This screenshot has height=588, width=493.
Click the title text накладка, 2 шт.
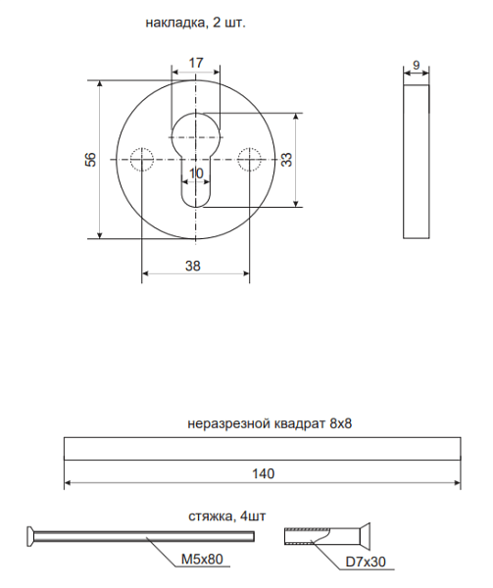195,21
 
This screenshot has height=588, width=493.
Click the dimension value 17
195,63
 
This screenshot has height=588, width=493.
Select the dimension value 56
89,159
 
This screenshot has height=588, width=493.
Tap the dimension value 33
286,159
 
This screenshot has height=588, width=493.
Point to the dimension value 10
195,172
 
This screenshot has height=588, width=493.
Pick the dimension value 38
194,266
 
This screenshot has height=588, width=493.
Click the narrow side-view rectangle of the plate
417,160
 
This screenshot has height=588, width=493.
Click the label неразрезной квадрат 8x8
269,423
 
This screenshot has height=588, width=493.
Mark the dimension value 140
262,472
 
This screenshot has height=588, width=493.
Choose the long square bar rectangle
262,448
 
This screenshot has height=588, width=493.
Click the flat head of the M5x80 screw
30,535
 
